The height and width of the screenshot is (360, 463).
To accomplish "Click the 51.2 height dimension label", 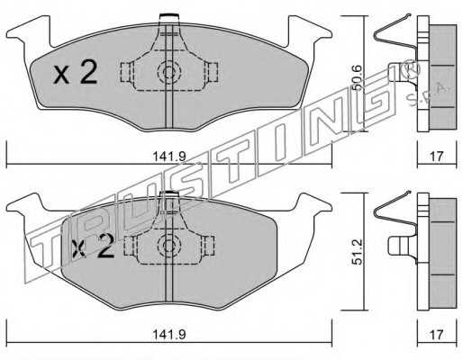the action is pos(357,252).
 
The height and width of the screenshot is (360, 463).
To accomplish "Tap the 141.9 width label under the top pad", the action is pos(169,157).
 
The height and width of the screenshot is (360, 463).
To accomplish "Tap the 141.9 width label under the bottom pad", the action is pos(169,335).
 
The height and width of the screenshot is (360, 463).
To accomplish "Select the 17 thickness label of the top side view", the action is pos(437,157).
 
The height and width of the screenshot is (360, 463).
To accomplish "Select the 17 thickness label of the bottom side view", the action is pos(437,334).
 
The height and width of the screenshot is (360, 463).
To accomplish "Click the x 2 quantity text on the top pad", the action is pos(76,72).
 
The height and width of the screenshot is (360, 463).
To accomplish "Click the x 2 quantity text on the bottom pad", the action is pos(93,247).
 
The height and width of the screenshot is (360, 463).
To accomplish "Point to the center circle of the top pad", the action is pos(169,72).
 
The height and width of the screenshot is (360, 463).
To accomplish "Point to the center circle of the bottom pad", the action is pos(169,246).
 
